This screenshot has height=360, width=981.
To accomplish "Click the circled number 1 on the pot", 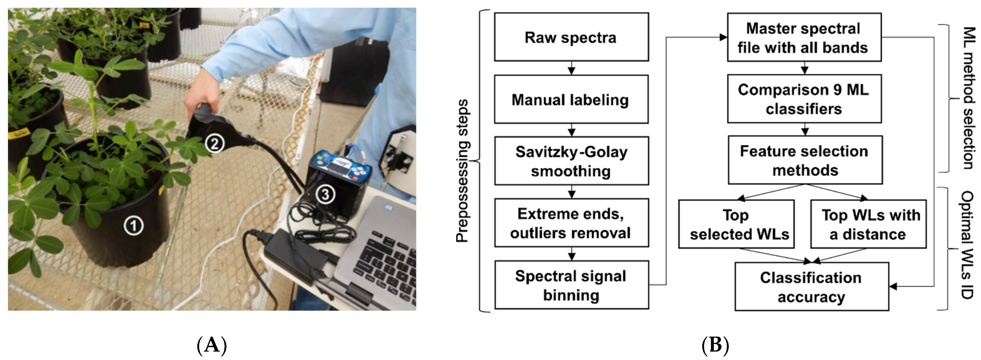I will tap(133, 226).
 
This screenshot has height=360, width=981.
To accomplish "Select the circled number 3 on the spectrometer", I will tap(324, 195).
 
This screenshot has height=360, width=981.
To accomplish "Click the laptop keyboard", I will tap(385, 259).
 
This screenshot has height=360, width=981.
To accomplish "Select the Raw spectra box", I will tap(571, 37).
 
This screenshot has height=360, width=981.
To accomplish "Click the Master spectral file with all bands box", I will tap(804, 37).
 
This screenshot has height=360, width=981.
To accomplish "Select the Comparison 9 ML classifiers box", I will tap(804, 99).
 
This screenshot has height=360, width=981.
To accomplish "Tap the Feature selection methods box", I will tap(805, 160).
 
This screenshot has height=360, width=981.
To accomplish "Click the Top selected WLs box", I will tap(736, 224).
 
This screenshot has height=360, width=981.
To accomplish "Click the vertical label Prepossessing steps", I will tap(462, 171).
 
